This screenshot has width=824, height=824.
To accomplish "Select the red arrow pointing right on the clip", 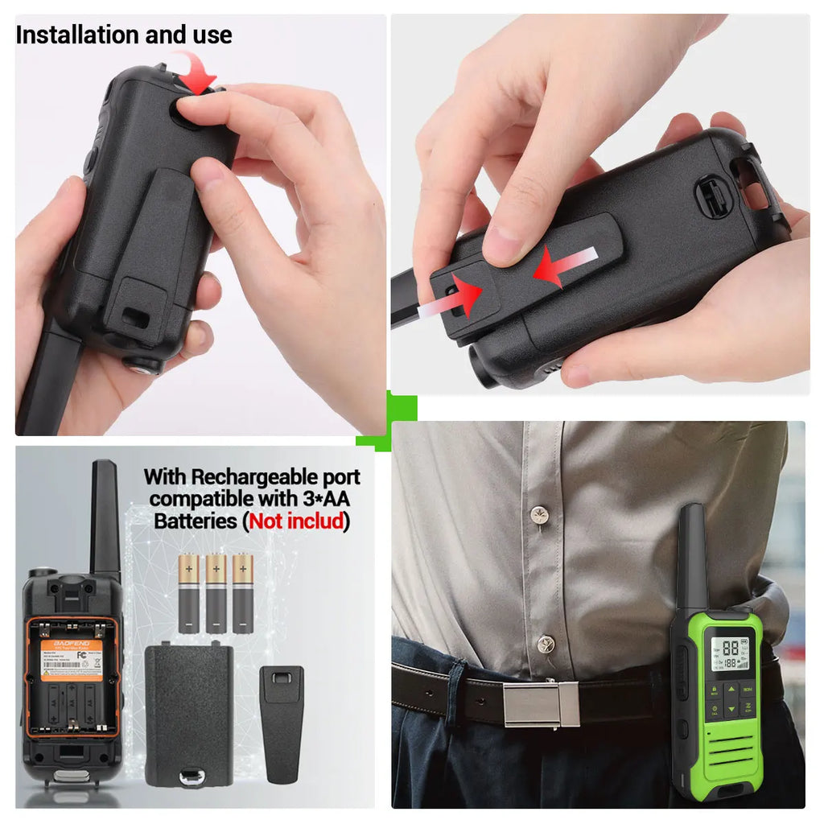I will (x=464, y=295).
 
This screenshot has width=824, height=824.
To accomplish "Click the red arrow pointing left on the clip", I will (x=558, y=266).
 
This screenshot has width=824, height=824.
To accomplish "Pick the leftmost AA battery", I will (x=189, y=592).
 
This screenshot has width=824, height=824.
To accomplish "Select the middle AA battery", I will (x=216, y=592).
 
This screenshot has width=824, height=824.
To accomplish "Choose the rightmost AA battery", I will (x=242, y=592).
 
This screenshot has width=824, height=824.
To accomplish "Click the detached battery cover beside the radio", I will (x=189, y=715).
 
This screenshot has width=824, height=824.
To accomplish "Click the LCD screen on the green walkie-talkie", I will (x=731, y=654).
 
